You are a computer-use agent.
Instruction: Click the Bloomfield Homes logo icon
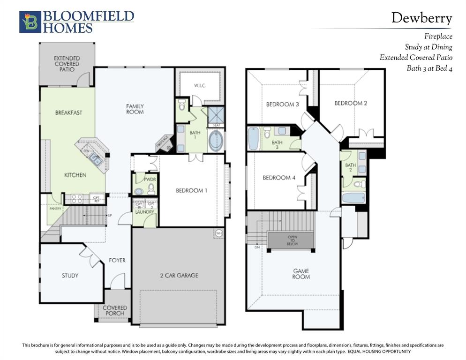30,22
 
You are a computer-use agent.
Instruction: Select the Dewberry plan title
421,18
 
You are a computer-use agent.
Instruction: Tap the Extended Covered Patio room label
67,64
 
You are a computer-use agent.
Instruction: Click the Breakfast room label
68,112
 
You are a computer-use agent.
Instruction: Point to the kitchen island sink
96,160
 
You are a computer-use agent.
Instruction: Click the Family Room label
135,109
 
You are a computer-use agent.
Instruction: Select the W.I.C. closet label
200,86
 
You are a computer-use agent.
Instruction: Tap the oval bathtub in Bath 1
216,141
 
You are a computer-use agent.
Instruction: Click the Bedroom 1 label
191,190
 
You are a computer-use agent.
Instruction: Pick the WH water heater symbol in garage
219,233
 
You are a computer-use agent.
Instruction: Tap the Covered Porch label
115,310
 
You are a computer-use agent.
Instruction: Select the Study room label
70,276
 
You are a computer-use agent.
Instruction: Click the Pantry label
55,209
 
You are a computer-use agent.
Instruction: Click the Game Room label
301,274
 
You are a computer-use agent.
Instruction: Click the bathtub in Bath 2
353,198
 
